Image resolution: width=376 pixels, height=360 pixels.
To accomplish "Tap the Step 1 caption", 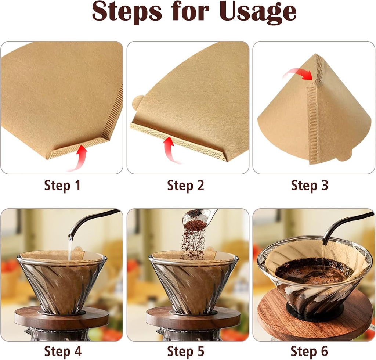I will [x=62, y=186].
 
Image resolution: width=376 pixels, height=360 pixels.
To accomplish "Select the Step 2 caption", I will [x=185, y=186].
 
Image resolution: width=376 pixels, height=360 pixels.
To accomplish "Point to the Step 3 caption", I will [x=309, y=186].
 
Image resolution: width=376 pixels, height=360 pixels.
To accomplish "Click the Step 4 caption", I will [x=62, y=351].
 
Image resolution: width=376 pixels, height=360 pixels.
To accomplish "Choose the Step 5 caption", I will [x=185, y=351].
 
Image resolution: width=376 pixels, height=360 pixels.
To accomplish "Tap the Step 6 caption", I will [x=309, y=351].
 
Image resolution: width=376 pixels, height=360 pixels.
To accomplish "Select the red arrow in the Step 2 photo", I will [x=170, y=149].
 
